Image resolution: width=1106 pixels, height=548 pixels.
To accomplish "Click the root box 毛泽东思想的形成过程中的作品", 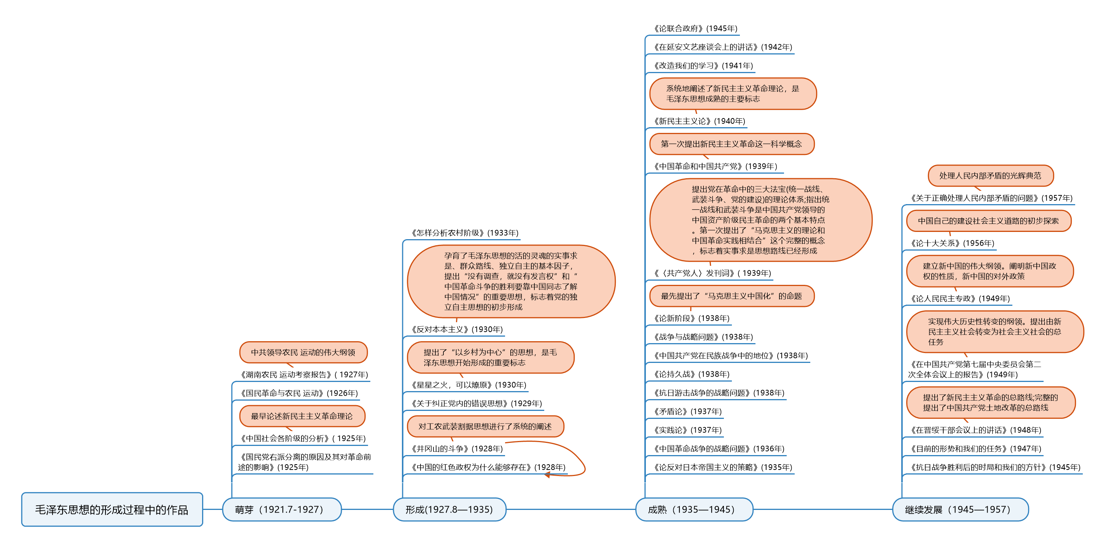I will click(112, 510).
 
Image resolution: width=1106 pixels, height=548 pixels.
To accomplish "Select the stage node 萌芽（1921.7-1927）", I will click(282, 510).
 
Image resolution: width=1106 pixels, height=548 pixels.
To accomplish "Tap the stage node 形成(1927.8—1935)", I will click(449, 510).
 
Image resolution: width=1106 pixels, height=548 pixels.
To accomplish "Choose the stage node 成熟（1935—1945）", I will click(694, 510).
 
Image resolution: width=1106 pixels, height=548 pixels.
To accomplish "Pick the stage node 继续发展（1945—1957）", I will click(960, 510).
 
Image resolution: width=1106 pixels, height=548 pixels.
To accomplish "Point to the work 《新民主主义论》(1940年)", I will click(700, 121).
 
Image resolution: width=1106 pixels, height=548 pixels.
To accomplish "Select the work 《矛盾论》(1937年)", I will click(688, 411).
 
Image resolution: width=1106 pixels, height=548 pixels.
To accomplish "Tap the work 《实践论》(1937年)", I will click(688, 430).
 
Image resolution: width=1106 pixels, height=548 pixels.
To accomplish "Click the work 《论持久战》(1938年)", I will click(692, 374).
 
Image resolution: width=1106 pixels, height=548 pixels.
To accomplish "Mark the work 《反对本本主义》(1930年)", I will click(457, 329).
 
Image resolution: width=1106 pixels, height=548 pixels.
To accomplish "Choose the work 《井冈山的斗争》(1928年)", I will click(457, 449).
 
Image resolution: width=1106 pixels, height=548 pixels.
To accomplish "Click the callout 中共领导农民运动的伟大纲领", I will click(303, 352).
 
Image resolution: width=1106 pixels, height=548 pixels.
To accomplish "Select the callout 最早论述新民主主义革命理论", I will click(302, 416).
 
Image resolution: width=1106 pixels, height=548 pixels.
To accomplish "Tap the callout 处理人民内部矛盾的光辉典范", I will click(990, 176).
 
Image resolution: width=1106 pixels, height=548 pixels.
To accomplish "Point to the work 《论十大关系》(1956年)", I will click(952, 243).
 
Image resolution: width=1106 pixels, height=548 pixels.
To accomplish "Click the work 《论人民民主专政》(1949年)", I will click(960, 299).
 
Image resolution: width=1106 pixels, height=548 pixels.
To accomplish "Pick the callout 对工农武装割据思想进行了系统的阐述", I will click(485, 427).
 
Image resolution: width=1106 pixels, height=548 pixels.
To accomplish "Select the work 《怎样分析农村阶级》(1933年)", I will click(465, 233).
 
